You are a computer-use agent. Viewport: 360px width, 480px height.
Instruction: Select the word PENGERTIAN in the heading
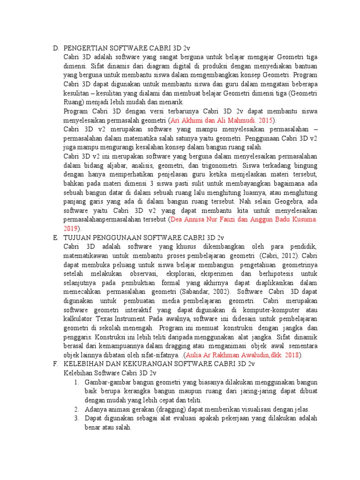point(85,48)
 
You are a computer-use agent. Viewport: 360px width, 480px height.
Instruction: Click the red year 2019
point(70,228)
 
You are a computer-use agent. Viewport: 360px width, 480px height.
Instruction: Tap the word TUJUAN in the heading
point(77,237)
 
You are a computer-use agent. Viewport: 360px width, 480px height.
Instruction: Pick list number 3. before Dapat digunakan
point(77,418)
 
